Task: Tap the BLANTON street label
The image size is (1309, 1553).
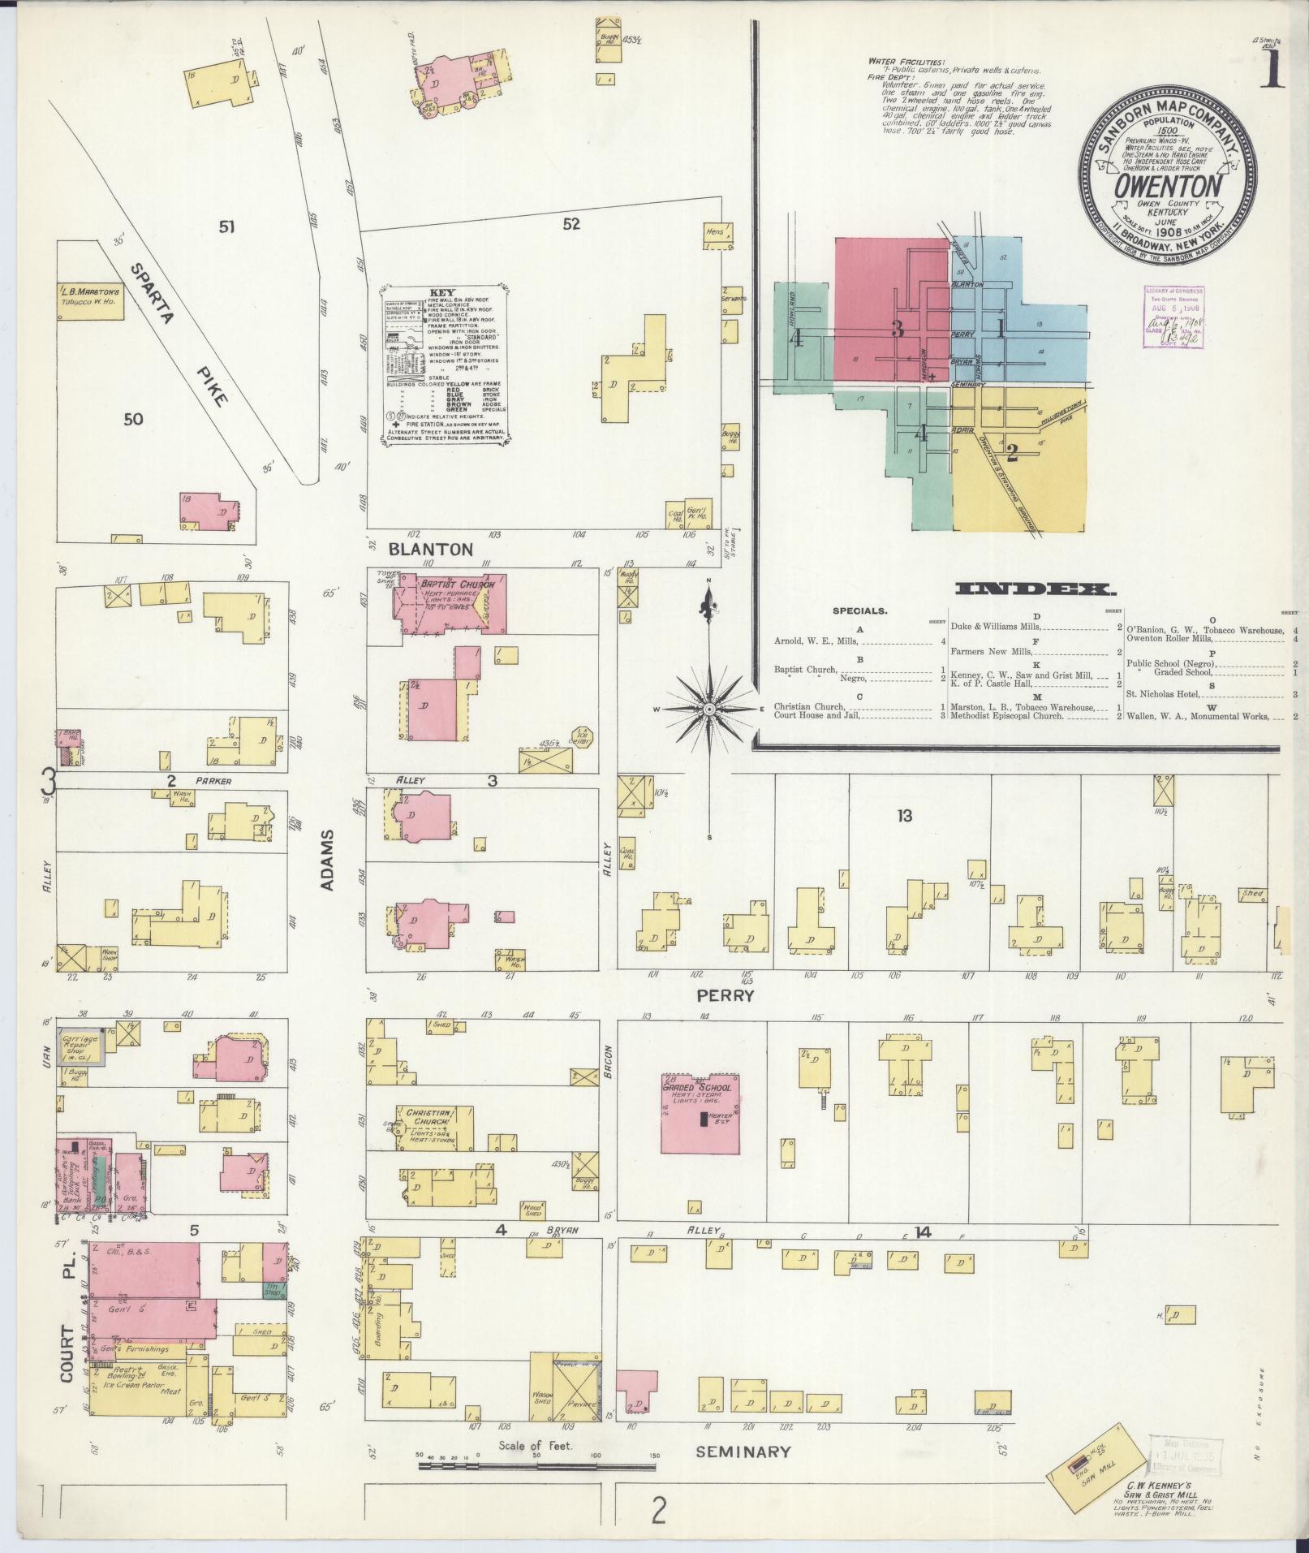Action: click(430, 549)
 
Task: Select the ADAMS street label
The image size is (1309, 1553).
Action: click(327, 860)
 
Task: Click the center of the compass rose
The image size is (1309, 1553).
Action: click(710, 709)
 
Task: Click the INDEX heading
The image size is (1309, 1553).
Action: click(1023, 589)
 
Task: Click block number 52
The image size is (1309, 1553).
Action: click(571, 224)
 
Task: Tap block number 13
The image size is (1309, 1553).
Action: click(904, 816)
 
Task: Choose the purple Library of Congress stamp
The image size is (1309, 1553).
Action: click(1173, 317)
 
